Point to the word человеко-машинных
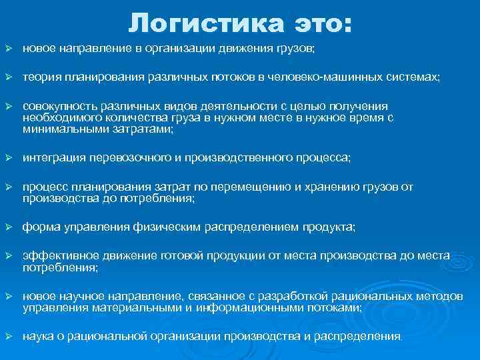point(325,77)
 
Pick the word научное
point(71,296)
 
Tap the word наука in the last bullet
point(37,337)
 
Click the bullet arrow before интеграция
point(9,158)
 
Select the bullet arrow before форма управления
point(9,227)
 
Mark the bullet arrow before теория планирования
point(9,77)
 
